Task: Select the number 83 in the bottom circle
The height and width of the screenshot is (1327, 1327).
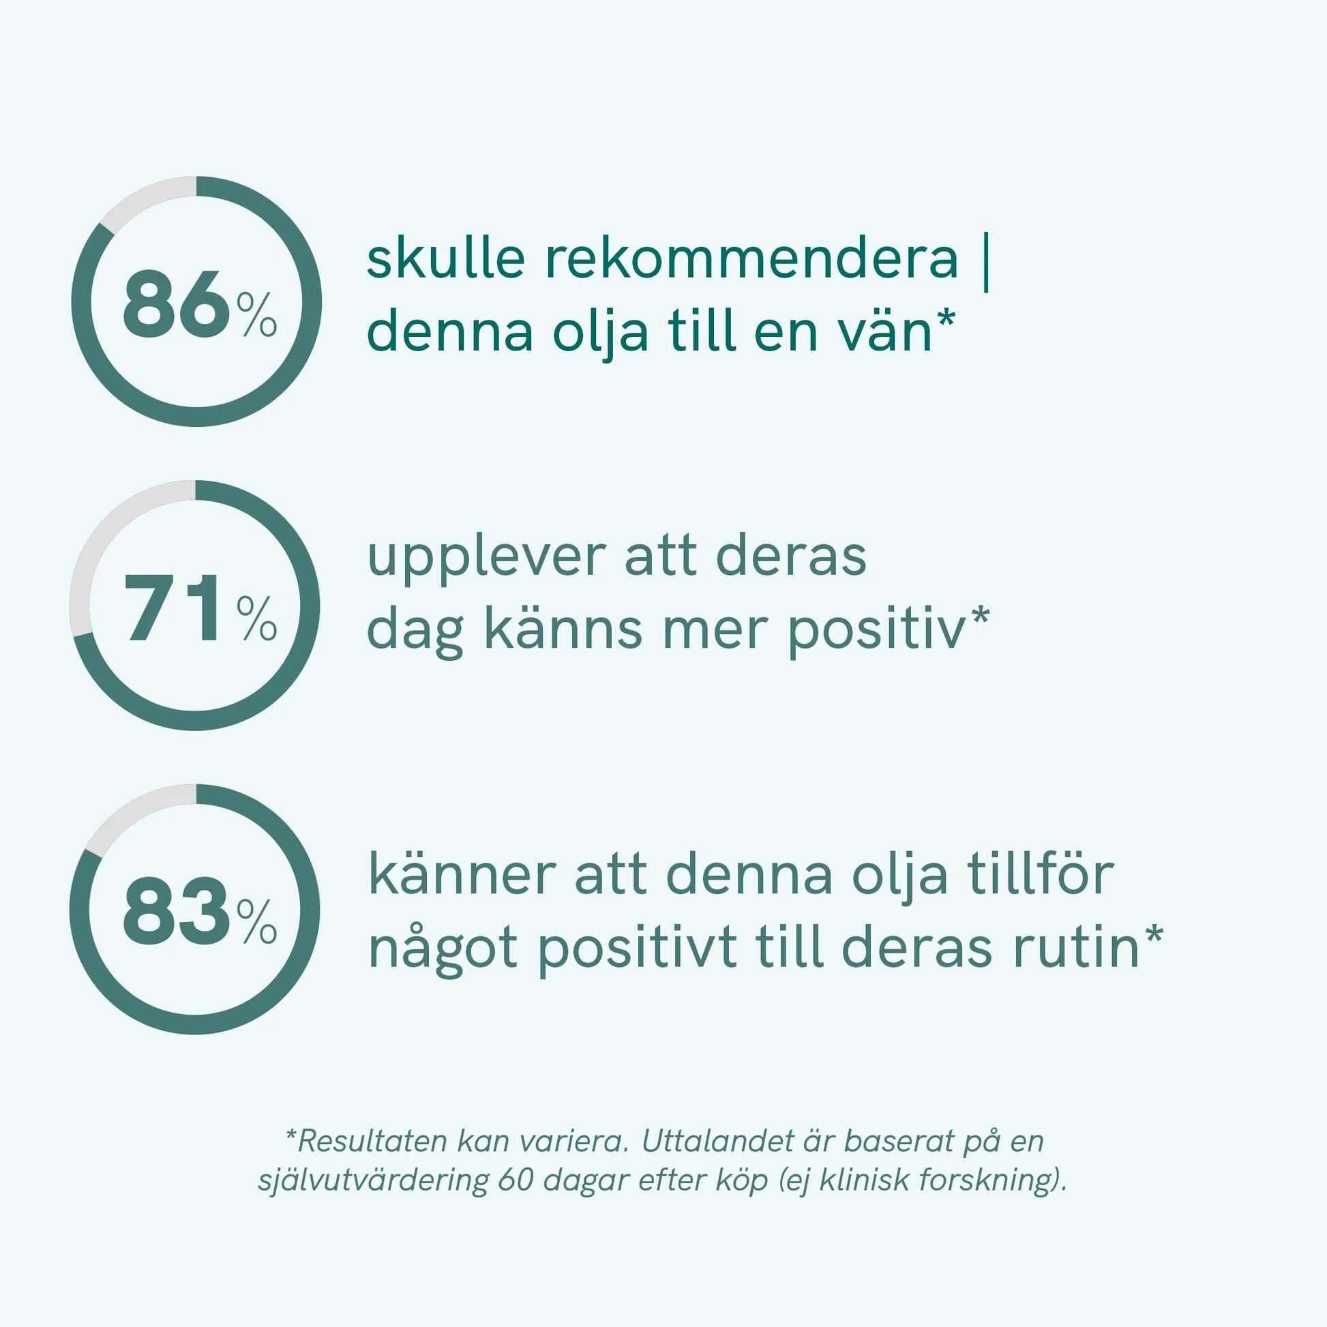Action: pyautogui.click(x=177, y=912)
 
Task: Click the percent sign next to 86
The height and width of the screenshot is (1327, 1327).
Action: pyautogui.click(x=257, y=314)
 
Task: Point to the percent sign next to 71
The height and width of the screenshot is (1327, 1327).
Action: pyautogui.click(x=257, y=618)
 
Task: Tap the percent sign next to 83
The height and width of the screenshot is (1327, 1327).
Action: pyautogui.click(x=257, y=922)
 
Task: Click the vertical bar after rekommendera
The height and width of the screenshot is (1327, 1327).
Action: pyautogui.click(x=987, y=263)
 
